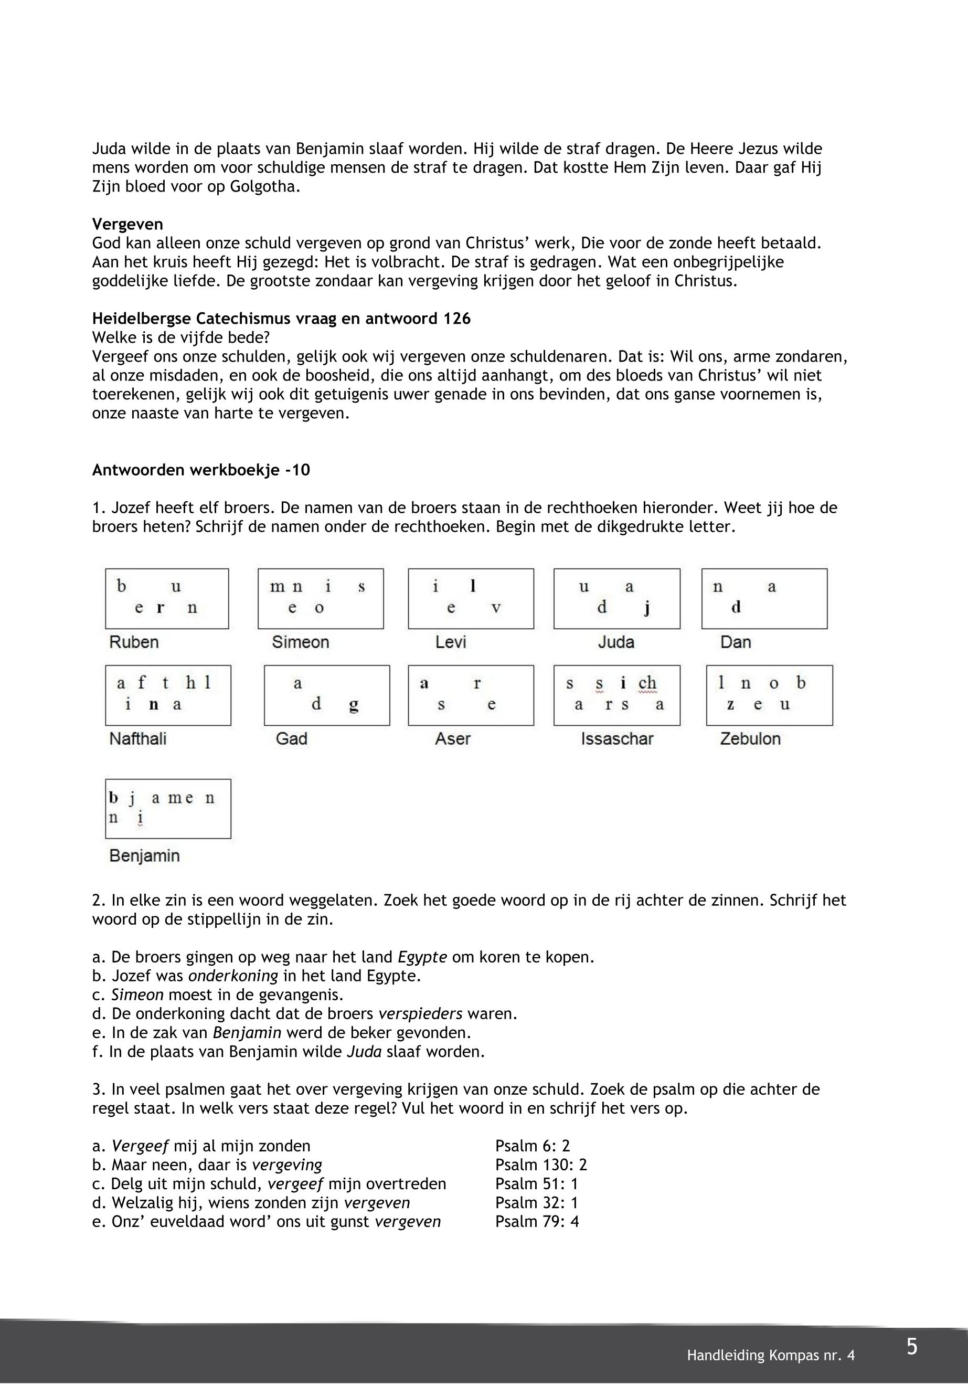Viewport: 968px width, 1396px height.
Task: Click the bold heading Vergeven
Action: coord(127,225)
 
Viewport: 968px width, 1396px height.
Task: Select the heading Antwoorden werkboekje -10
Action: coord(201,470)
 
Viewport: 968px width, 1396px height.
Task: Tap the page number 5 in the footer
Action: coord(911,1347)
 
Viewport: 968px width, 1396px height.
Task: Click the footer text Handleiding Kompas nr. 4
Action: coord(770,1356)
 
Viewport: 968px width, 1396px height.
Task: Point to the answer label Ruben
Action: coord(133,642)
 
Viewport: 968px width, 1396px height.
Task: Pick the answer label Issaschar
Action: coord(617,739)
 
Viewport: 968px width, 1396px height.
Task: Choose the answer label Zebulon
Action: coord(750,739)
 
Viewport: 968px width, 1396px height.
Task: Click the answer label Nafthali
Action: coord(137,739)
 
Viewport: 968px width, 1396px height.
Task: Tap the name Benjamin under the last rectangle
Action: coord(144,856)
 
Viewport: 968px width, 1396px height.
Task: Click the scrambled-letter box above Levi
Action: coord(471,598)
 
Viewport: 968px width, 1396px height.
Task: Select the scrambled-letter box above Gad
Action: coord(327,695)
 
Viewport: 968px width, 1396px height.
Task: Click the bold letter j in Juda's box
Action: coord(647,608)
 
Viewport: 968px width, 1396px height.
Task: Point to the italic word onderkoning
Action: coord(233,976)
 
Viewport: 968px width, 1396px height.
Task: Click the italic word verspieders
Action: coord(420,1014)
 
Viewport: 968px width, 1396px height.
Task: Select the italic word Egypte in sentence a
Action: coord(422,957)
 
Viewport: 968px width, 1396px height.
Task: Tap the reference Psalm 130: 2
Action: coord(540,1165)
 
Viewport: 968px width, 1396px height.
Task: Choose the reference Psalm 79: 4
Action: coord(537,1221)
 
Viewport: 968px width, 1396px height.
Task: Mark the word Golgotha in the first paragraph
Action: coord(265,186)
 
